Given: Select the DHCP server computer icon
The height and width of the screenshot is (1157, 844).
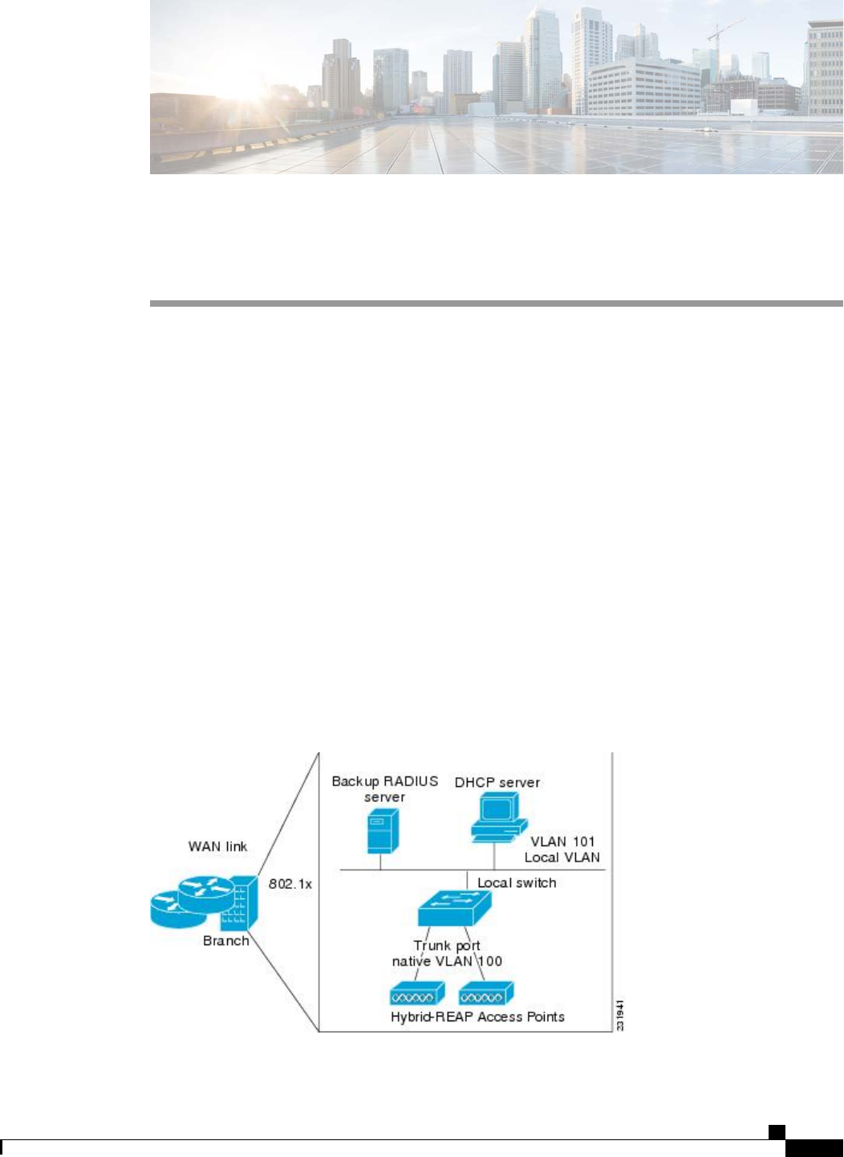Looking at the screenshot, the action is (497, 817).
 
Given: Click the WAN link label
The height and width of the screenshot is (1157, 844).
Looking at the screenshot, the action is (217, 846).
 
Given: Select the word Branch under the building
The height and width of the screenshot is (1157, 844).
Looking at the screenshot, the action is (225, 940).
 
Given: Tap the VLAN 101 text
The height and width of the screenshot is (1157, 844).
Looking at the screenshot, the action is (562, 841).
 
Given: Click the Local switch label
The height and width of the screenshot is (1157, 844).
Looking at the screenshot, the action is (517, 882).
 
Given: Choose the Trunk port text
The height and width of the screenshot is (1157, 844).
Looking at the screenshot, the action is (446, 945).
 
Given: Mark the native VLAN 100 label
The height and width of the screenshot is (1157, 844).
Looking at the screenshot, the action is (447, 960).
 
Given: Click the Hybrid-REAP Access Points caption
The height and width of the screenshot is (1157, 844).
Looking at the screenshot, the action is (477, 1016).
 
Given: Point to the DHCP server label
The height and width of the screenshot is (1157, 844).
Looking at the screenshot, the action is (497, 782).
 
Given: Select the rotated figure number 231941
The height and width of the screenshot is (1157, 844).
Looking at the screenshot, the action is (619, 1014).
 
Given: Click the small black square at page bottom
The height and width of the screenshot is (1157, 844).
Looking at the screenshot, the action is (776, 1132).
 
